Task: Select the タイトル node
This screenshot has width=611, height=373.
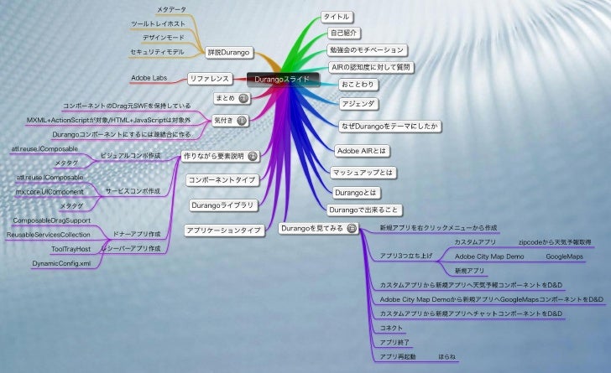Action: [337, 17]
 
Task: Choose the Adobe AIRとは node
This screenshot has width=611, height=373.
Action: [359, 151]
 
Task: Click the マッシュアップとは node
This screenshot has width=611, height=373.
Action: [362, 173]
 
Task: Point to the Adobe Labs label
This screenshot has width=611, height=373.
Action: [148, 78]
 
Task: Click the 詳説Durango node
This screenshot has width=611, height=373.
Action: [230, 53]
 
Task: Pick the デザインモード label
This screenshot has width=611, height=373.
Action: [163, 38]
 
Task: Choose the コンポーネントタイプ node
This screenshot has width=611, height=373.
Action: [222, 180]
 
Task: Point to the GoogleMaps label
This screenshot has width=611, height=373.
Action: [564, 256]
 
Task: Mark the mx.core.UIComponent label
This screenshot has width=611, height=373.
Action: [49, 192]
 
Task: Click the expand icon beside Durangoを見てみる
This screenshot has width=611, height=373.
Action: [352, 228]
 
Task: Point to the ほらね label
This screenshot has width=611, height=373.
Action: [447, 356]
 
